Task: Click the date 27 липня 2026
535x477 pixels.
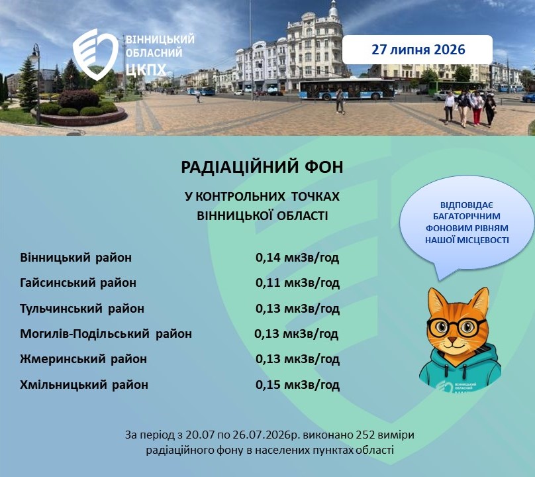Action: (418, 50)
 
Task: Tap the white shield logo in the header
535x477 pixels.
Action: (95, 54)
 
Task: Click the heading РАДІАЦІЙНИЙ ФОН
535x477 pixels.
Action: (262, 168)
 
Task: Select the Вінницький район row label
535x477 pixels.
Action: (75, 258)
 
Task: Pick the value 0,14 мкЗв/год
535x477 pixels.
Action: (297, 258)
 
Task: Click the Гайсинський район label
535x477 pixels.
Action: (78, 283)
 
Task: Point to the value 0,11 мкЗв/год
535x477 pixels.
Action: (297, 284)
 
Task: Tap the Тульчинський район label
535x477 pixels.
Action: (82, 308)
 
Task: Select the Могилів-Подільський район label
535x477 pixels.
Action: (106, 334)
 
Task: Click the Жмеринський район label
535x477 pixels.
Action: (83, 359)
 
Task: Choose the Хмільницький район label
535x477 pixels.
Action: (84, 385)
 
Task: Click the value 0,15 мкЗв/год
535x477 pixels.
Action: (297, 385)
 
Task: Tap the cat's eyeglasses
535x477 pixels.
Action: (457, 328)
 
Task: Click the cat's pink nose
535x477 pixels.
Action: (452, 340)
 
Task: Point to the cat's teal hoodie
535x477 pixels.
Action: (460, 370)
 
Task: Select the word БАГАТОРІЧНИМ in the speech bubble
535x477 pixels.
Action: (467, 217)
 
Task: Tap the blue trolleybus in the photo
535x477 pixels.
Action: (348, 89)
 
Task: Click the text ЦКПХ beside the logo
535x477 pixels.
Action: (146, 70)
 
